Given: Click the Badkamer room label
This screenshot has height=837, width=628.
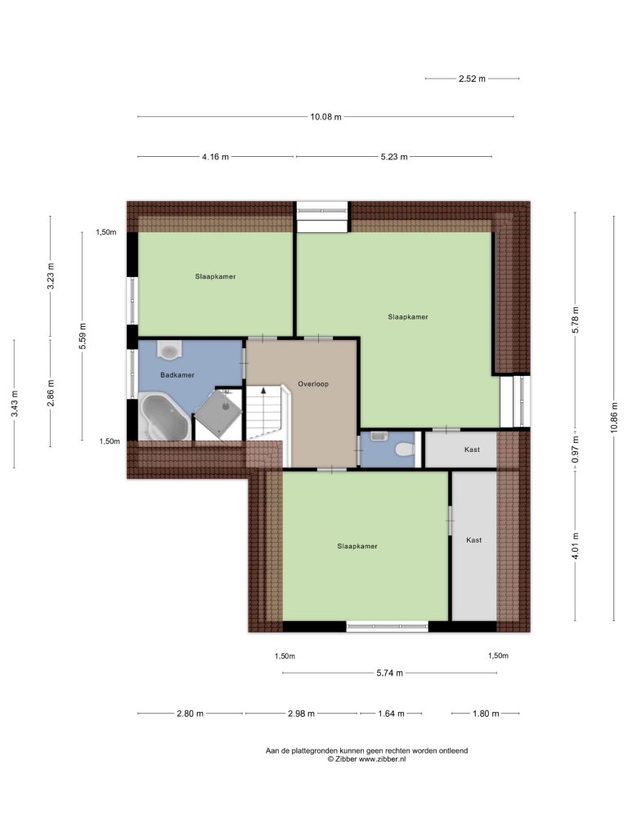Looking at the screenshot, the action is coord(177,374).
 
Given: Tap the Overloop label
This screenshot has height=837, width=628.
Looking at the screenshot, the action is coord(313,384).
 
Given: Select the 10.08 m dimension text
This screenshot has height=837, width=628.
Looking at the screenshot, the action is coord(325,117).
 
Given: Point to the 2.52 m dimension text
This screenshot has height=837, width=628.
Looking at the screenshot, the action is coord(472,78).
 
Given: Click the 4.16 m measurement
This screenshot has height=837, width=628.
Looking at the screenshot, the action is coord(215,157).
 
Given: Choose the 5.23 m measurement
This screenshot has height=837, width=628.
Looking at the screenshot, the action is coord(394,157).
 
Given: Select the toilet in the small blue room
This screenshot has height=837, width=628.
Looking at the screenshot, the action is coord(406,450).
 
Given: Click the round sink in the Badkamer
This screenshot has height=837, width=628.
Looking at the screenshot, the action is coord(169,350).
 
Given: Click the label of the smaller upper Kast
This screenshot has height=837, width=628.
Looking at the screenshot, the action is coord(472,450).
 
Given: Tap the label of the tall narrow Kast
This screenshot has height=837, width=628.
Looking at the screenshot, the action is coord(473,539).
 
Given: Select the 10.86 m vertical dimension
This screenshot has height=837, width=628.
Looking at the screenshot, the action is coord(614,417).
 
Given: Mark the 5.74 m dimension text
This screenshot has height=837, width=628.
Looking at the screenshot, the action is coord(390,674).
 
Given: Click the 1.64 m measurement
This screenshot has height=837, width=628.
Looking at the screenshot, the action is coord(391,713).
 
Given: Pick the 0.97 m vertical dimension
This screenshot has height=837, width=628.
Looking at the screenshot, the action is coord(575,450).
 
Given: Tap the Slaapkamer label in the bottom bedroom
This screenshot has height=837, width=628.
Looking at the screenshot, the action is coord(357,546).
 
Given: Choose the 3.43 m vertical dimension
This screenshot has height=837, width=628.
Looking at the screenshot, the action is coord(15,404).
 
